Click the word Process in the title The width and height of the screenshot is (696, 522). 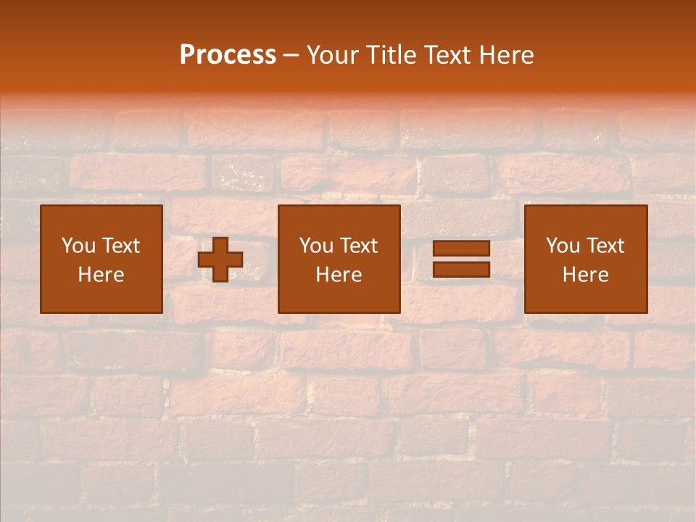tap(228, 55)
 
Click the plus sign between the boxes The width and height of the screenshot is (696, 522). tap(220, 260)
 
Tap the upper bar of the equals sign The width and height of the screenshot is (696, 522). tap(461, 249)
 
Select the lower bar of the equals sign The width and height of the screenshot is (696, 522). tap(461, 269)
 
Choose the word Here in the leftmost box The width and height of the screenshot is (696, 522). tap(101, 275)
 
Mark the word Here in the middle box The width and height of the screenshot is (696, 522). tap(339, 275)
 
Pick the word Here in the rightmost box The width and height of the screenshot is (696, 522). tap(585, 275)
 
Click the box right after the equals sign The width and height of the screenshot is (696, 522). tap(585, 297)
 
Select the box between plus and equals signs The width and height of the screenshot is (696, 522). tap(339, 297)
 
